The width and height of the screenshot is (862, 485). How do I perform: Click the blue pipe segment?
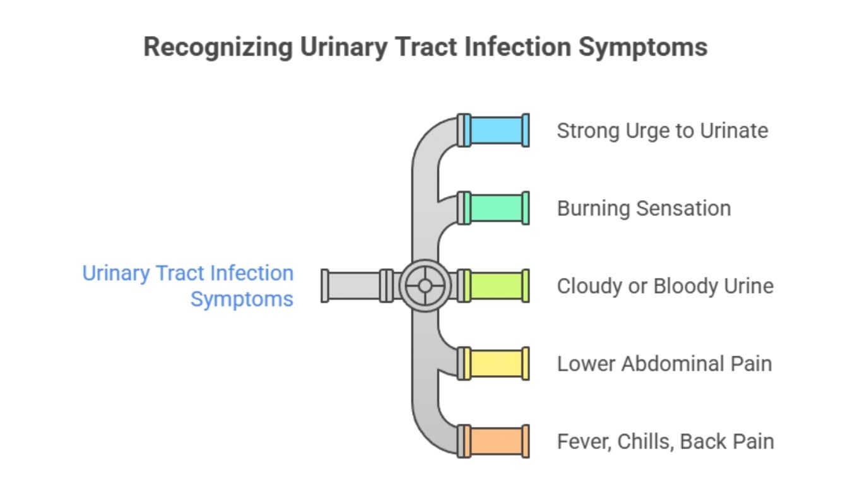pyautogui.click(x=497, y=130)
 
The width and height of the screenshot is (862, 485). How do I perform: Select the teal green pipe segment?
pyautogui.click(x=497, y=208)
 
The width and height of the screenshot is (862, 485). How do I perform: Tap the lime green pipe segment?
pyautogui.click(x=497, y=286)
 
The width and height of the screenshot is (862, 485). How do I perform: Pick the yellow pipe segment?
pyautogui.click(x=497, y=364)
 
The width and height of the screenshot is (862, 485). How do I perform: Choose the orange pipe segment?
pyautogui.click(x=497, y=441)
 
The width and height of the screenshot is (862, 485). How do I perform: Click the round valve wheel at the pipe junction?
pyautogui.click(x=425, y=286)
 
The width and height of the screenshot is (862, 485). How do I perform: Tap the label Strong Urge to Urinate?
pyautogui.click(x=663, y=131)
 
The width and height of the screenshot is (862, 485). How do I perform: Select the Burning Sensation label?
pyautogui.click(x=644, y=208)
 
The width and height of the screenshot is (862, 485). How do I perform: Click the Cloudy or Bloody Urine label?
pyautogui.click(x=665, y=286)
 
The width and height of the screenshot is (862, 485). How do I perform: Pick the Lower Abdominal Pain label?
pyautogui.click(x=664, y=364)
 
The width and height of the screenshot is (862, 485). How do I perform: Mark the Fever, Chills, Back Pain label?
pyautogui.click(x=666, y=441)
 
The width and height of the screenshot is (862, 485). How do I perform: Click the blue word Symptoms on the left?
pyautogui.click(x=242, y=299)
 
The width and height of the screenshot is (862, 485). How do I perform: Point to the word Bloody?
pyautogui.click(x=687, y=286)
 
